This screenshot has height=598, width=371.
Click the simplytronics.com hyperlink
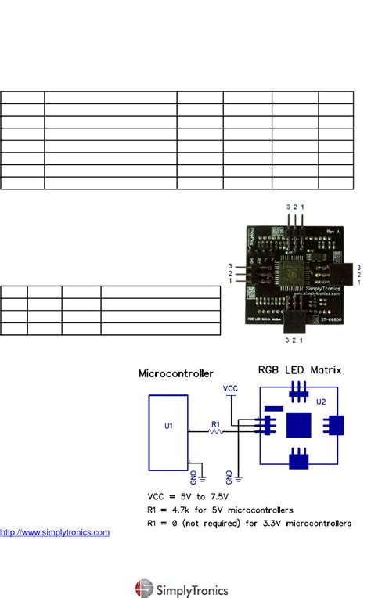pyautogui.click(x=56, y=532)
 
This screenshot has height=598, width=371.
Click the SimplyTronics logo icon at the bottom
pyautogui.click(x=145, y=589)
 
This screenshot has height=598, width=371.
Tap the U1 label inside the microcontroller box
pyautogui.click(x=167, y=427)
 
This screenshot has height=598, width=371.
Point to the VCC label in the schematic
pyautogui.click(x=230, y=387)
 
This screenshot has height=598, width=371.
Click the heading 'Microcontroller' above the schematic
pyautogui.click(x=176, y=373)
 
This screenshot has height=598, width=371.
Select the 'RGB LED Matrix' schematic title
pyautogui.click(x=300, y=369)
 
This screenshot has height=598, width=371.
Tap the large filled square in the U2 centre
pyautogui.click(x=298, y=425)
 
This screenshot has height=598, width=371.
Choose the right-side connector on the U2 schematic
pyautogui.click(x=333, y=425)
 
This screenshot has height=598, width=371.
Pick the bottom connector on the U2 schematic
pyautogui.click(x=298, y=458)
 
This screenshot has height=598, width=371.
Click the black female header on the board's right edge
pyautogui.click(x=347, y=273)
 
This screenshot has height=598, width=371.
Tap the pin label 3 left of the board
pyautogui.click(x=230, y=266)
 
